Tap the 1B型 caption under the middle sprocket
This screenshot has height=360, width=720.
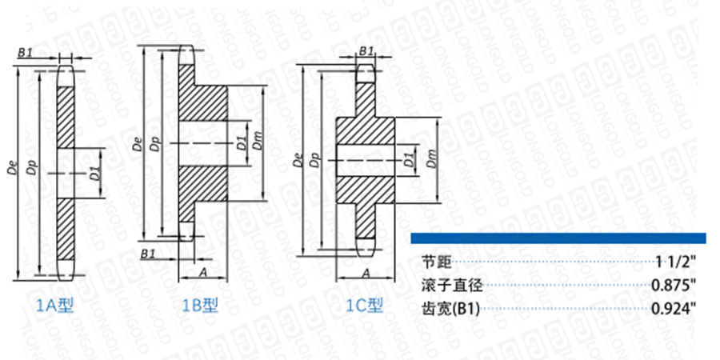(200, 305)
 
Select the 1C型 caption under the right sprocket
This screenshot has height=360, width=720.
(365, 305)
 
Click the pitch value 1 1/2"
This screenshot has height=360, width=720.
(676, 262)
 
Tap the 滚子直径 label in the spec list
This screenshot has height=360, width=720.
(452, 286)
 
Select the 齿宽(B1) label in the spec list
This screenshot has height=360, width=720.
(450, 310)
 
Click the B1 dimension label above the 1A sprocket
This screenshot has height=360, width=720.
(25, 53)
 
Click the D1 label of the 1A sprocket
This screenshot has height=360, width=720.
(94, 174)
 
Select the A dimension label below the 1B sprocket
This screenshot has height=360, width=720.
(202, 273)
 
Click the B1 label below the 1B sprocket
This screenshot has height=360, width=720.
(148, 254)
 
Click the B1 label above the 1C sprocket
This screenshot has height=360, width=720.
(366, 51)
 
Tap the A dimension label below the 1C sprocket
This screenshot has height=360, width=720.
(366, 274)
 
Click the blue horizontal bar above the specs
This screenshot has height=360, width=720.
(558, 238)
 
